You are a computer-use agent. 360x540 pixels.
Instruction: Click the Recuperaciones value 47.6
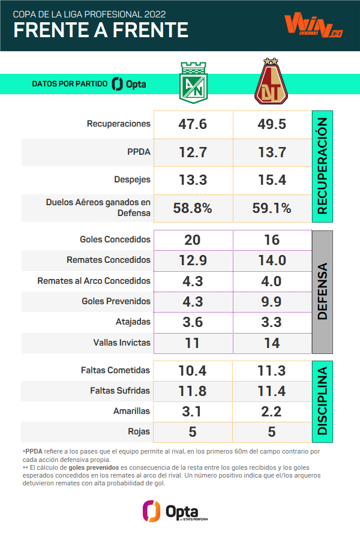point(193,124)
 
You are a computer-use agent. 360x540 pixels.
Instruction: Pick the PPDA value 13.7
point(272,152)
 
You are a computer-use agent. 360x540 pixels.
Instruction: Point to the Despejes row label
point(132,179)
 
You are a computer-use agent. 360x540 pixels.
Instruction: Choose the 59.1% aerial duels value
point(272,208)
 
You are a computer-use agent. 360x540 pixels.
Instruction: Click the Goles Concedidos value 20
point(193,240)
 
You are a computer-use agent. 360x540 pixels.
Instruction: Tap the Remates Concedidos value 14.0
point(272,260)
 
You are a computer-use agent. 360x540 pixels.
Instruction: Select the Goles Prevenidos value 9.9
point(272,301)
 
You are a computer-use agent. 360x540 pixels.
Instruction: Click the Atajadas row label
point(133,322)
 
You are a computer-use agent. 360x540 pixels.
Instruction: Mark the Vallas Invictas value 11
point(193,343)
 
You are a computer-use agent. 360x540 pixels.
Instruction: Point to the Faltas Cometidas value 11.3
point(272,371)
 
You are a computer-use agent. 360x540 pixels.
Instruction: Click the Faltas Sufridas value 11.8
point(193,391)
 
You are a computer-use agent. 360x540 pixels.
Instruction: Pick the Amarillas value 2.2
point(272,412)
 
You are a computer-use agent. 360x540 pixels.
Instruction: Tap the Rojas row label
point(142,431)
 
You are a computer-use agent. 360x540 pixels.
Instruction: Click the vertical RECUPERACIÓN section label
point(322,166)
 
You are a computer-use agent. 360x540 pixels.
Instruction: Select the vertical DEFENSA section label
point(322,291)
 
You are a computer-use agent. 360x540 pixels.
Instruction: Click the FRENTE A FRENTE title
point(100,29)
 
